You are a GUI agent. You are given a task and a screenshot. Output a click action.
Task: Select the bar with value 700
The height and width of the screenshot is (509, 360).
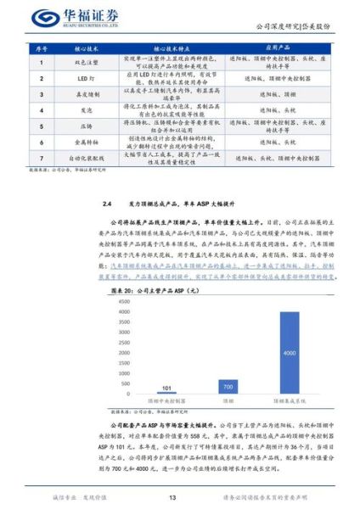[228, 385]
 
